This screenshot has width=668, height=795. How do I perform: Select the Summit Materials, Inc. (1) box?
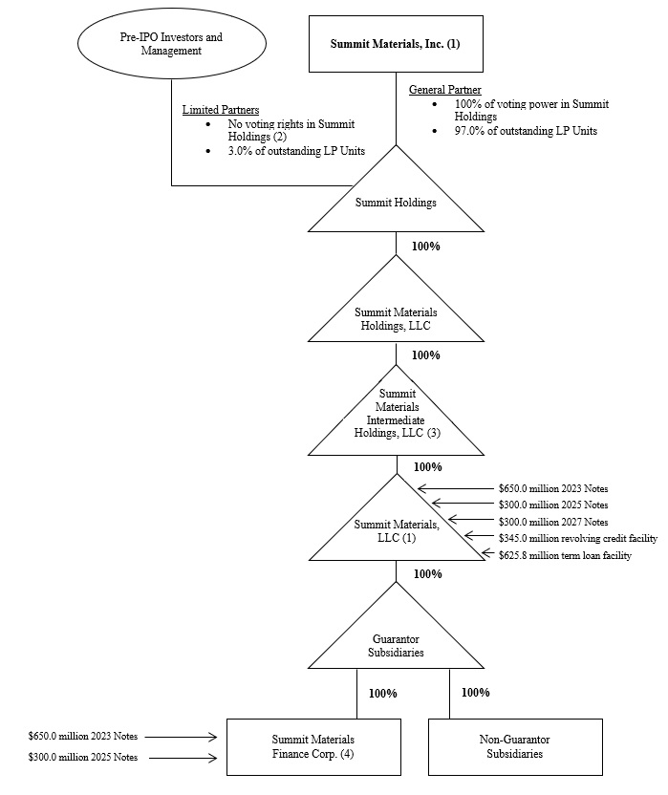(x=395, y=44)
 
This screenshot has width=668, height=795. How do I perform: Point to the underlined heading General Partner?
(x=444, y=89)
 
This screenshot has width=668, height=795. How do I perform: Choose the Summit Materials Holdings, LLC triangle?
(x=396, y=318)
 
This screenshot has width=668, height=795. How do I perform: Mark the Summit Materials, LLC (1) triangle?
(x=396, y=530)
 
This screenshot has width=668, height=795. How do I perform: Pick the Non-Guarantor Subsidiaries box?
(x=514, y=746)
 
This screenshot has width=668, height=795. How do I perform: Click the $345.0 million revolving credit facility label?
(x=579, y=539)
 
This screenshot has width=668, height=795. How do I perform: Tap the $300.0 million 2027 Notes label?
(x=553, y=522)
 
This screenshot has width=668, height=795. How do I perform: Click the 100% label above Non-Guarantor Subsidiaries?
(x=475, y=692)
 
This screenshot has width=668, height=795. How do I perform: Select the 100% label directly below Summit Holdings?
(x=425, y=246)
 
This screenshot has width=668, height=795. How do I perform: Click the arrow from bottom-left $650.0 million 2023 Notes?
(x=181, y=737)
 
